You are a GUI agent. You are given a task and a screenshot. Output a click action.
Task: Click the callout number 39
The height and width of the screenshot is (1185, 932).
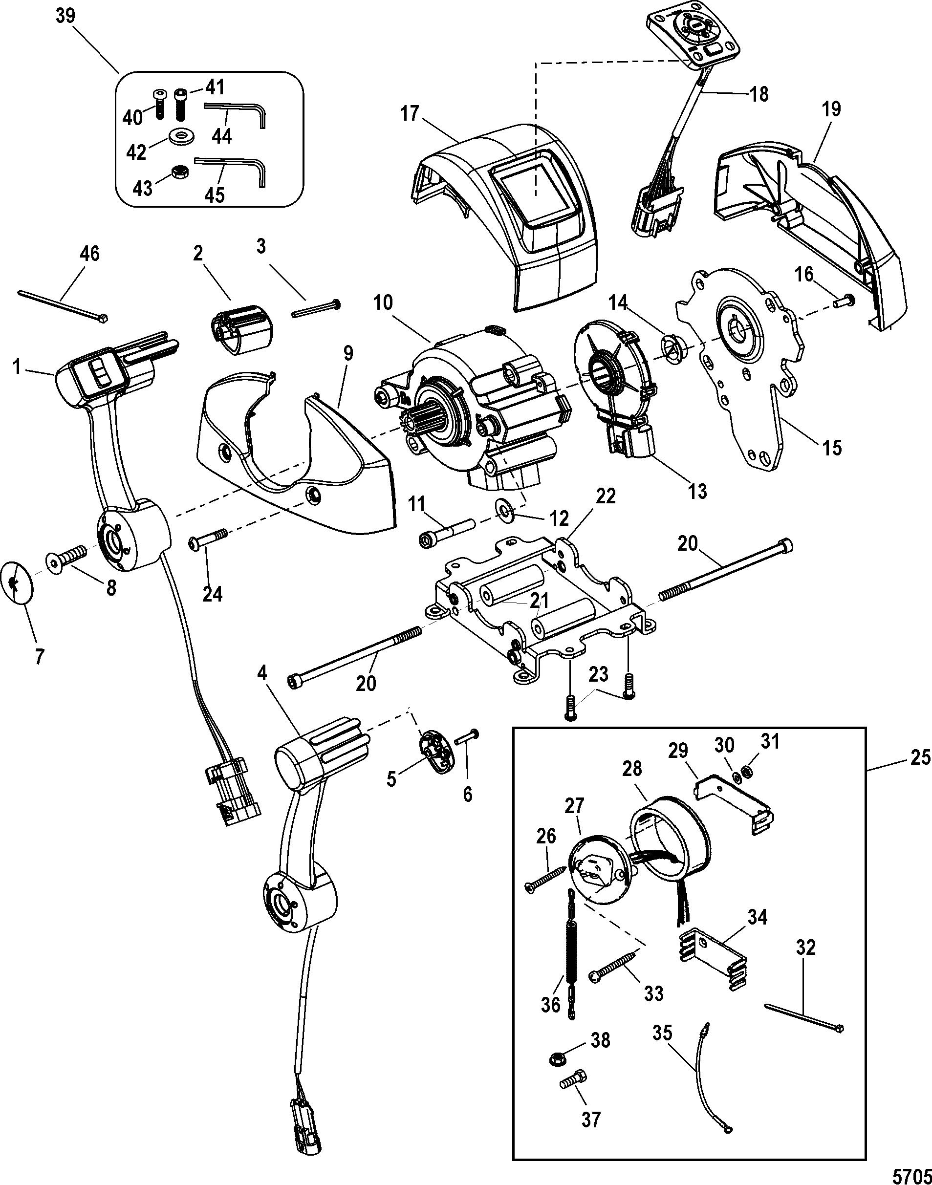65,16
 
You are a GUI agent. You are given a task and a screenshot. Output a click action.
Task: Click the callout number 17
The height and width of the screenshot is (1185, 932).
409,113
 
